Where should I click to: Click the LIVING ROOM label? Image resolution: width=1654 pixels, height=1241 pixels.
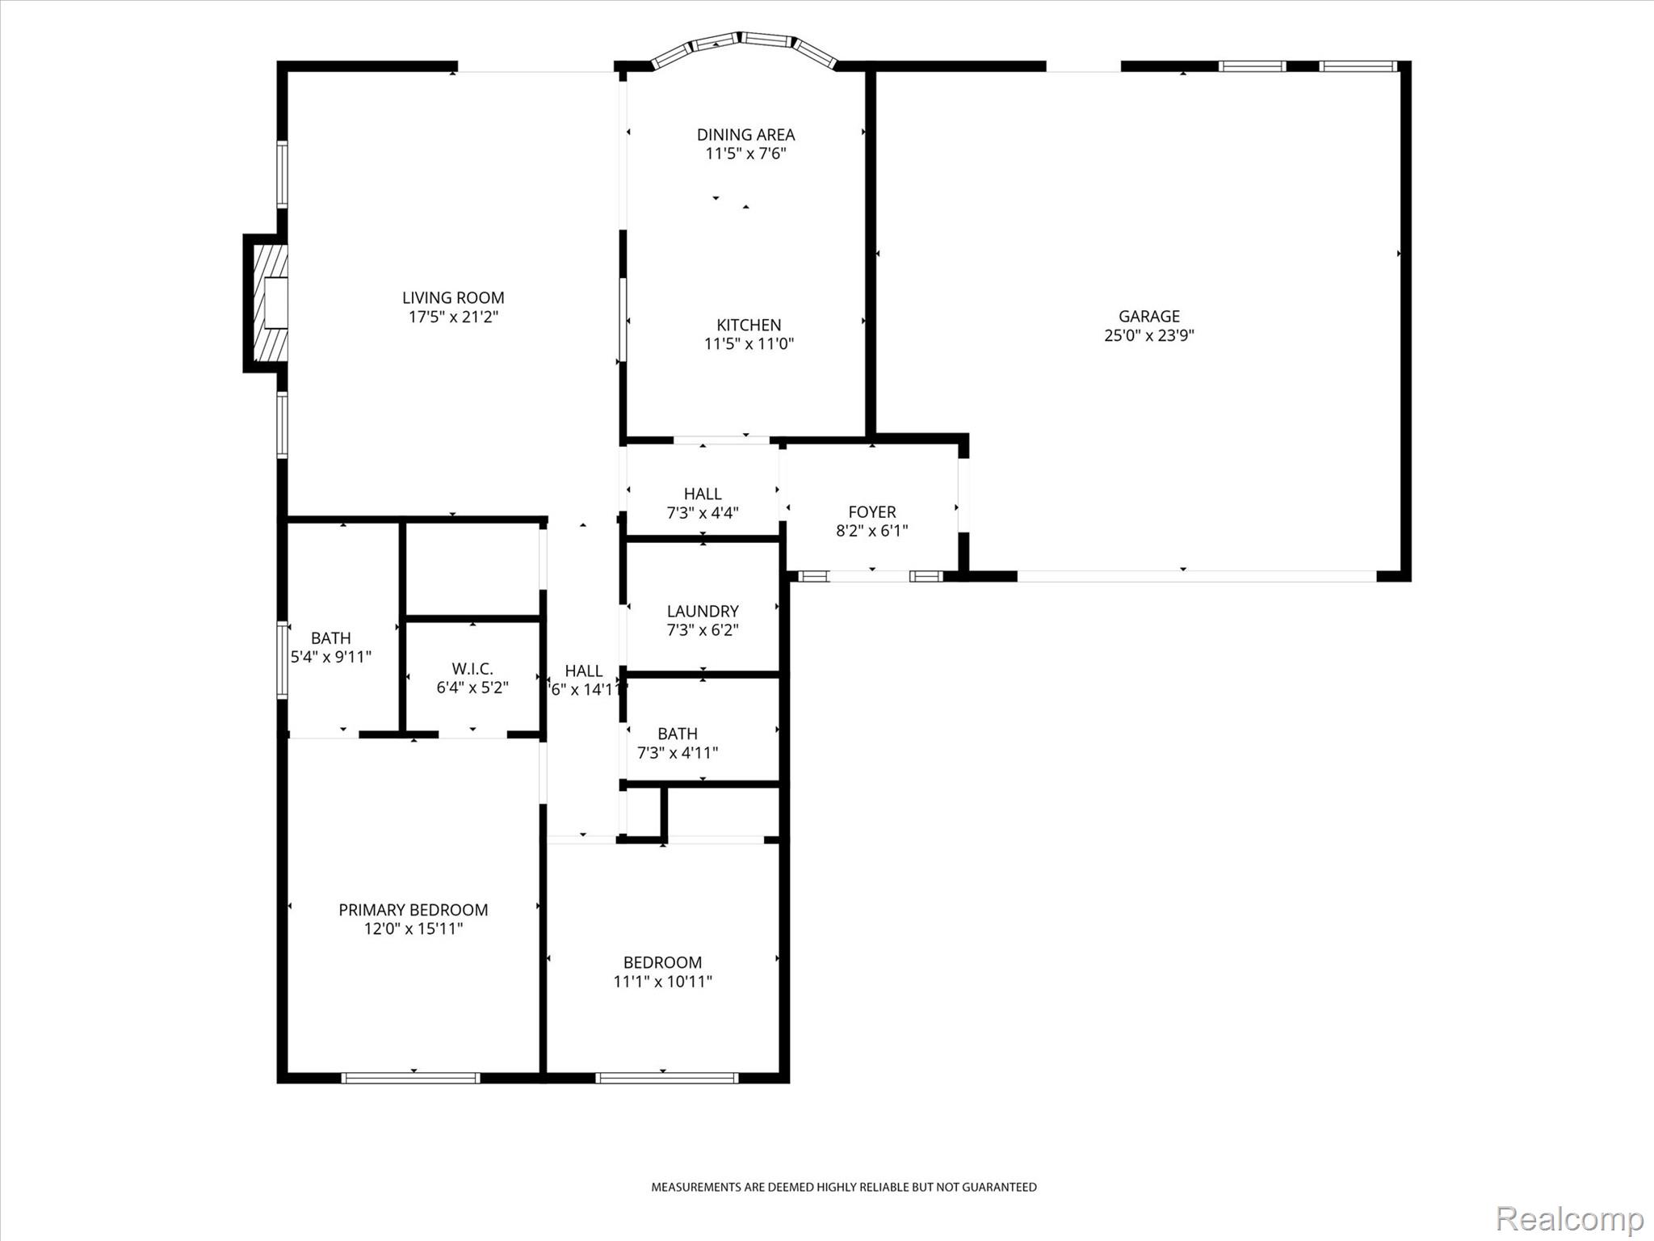tap(453, 297)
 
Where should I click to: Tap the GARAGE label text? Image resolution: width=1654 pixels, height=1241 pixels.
tap(1148, 316)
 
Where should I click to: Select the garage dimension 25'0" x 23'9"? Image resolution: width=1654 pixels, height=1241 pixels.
tap(1148, 335)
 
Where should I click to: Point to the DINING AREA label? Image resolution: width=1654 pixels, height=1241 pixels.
tap(745, 135)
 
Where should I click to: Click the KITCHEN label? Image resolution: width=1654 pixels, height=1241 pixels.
tap(749, 325)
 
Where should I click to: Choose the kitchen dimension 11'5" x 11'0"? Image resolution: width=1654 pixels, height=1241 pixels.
tap(749, 344)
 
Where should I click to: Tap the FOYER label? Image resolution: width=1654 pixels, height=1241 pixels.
tap(872, 511)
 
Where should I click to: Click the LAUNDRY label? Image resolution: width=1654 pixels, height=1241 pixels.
tap(703, 611)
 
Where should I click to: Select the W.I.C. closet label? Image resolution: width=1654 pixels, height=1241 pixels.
tap(472, 669)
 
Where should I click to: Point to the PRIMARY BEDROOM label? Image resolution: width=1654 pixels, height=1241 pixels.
tap(413, 910)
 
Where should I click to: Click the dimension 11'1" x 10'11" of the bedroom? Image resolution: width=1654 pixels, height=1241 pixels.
tap(662, 982)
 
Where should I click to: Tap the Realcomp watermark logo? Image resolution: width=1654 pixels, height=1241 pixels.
tap(1570, 1218)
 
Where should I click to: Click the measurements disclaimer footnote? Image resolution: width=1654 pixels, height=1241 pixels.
tap(844, 1187)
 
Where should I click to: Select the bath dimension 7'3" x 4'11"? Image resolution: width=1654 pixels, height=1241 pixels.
tap(678, 753)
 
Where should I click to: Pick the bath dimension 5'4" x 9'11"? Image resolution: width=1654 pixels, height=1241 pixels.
tap(331, 657)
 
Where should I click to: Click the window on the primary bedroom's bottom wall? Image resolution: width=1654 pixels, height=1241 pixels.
tap(411, 1077)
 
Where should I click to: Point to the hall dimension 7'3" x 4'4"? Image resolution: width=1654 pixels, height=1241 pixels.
tap(703, 513)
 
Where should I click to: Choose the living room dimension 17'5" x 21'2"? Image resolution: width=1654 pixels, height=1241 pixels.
tap(453, 317)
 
